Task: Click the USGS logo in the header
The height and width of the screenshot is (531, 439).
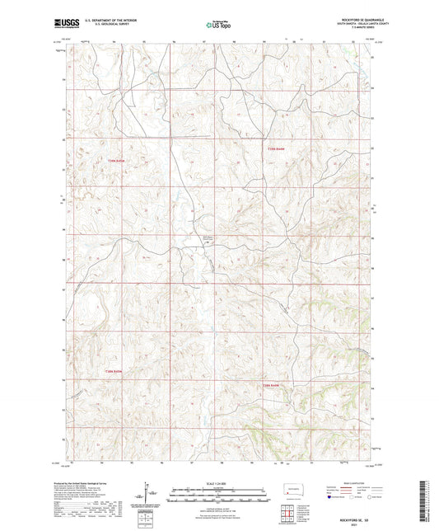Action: coord(67,24)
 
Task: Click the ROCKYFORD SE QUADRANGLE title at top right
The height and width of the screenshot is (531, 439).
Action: coord(352,20)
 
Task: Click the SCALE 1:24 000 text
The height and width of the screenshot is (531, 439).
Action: coord(219,482)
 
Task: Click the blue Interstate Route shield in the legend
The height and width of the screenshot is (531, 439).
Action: coord(331,498)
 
